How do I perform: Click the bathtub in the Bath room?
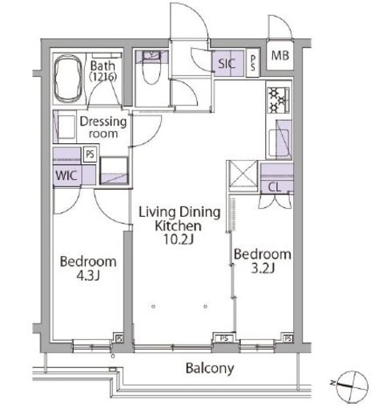(x=68, y=79)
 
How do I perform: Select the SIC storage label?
(x=227, y=63)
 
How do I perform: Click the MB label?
(x=280, y=55)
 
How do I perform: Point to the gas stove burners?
(x=278, y=100)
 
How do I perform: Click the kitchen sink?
(x=279, y=143)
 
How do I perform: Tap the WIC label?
(x=66, y=175)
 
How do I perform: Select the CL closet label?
(x=275, y=187)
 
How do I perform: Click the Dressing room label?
(x=103, y=127)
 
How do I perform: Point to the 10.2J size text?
(x=178, y=239)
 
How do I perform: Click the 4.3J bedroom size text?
(x=88, y=275)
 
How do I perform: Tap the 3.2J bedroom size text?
(x=263, y=268)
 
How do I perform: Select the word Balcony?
(x=210, y=369)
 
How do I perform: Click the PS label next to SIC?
(x=253, y=63)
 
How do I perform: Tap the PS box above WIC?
(x=90, y=154)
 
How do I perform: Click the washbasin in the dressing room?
(x=66, y=127)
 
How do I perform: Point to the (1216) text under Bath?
(x=103, y=77)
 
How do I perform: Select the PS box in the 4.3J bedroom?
(x=119, y=338)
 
